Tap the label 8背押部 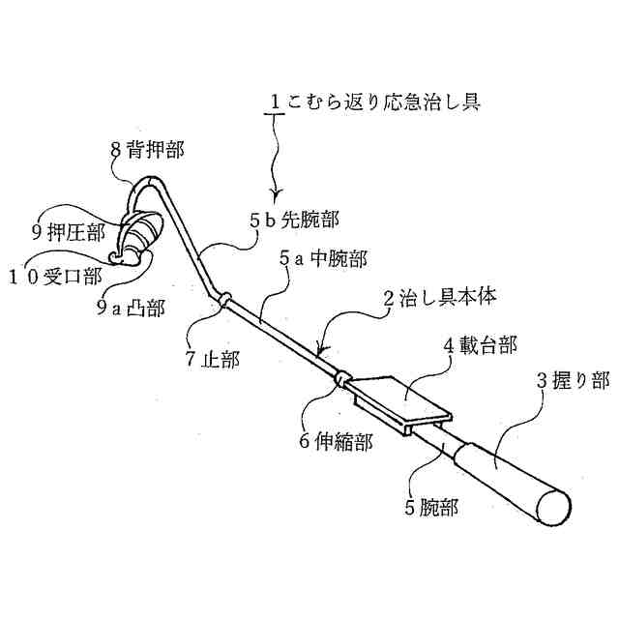(x=148, y=150)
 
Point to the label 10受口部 (x=61, y=275)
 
